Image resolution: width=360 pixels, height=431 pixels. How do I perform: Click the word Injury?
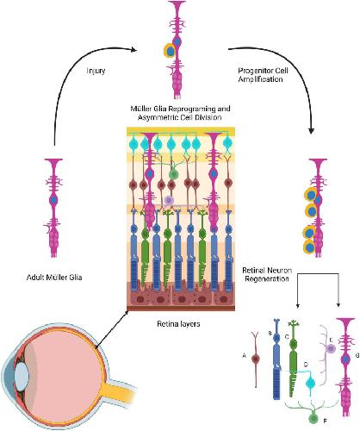96,71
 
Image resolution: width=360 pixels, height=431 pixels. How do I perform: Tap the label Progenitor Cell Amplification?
263,75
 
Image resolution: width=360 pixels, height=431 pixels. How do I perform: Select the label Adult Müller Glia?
54,278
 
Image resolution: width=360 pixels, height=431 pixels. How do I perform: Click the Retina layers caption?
178,324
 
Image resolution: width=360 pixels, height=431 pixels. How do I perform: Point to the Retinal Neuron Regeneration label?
267,274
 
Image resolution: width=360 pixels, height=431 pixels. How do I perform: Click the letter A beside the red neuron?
245,356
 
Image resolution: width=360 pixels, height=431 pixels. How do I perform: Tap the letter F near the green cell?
325,422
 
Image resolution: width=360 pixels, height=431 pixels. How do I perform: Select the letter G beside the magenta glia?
357,356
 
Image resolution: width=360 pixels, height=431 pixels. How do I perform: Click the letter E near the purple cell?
331,340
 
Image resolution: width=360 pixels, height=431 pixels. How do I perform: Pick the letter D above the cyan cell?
306,365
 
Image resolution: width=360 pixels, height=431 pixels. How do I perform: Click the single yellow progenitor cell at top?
170,51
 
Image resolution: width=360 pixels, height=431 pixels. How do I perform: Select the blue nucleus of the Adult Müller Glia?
53,200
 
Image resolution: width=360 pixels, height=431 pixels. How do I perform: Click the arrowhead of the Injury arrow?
133,50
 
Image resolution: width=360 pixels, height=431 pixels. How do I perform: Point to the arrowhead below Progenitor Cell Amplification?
311,131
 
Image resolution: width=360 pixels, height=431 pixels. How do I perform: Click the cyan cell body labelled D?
311,383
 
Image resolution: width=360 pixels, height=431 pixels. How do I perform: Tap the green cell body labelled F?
313,419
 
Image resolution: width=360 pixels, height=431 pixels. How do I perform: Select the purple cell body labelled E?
331,348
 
